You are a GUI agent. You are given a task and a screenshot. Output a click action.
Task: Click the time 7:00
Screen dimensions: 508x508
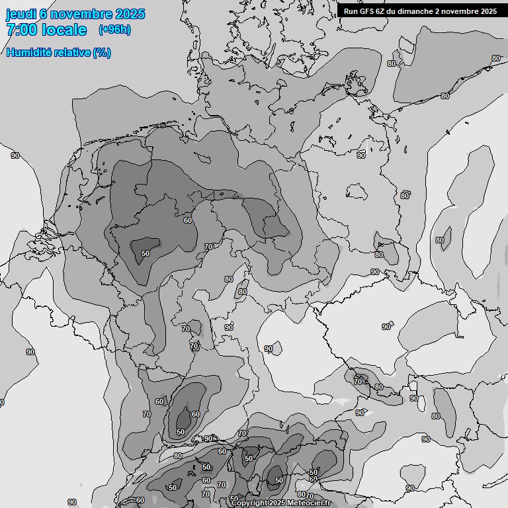21,30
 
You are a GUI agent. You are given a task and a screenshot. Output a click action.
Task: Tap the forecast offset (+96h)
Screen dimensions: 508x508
114,30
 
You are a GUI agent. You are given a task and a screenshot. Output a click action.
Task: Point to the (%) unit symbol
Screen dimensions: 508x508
102,53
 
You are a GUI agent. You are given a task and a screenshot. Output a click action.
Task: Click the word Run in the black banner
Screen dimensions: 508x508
351,11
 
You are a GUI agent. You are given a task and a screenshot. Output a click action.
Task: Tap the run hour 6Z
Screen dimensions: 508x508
383,11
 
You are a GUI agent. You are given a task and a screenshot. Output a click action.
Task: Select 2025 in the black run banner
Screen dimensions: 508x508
487,11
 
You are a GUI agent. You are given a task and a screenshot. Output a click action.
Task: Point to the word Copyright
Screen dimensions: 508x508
250,503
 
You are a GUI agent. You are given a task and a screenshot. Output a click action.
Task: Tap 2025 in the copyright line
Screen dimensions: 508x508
278,503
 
